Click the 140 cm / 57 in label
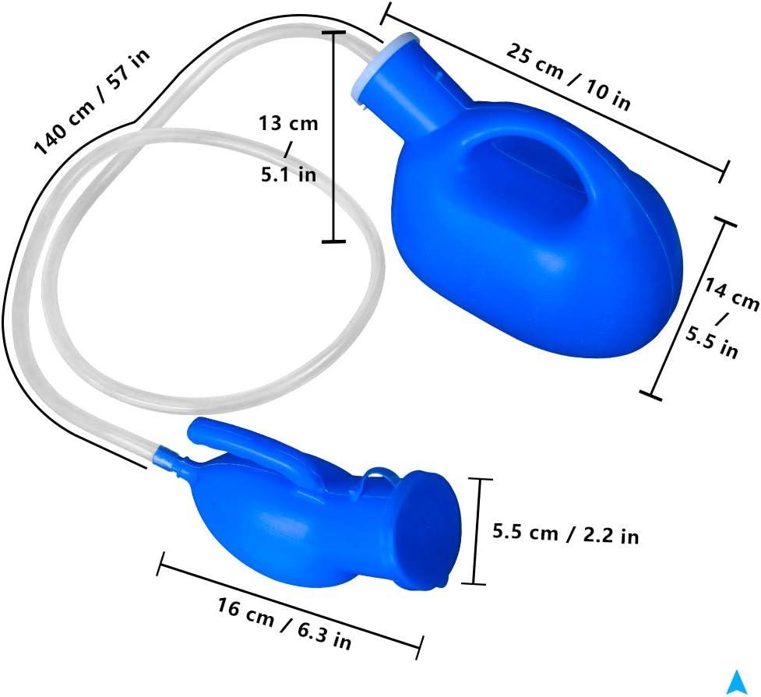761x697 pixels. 92,102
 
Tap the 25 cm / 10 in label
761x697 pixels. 569,76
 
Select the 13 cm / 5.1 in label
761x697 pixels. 288,149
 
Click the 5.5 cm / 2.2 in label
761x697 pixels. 565,534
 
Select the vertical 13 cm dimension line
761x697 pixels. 334,137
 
